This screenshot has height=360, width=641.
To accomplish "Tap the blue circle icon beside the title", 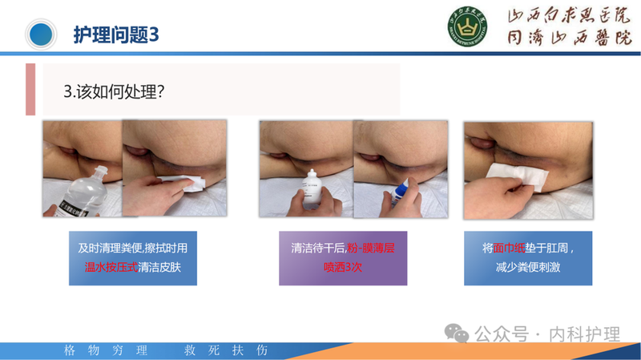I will (x=41, y=34).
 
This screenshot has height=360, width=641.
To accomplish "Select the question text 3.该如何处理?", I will (x=115, y=91).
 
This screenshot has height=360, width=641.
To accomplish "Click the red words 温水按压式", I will (x=111, y=267).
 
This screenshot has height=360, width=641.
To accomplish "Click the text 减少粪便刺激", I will (x=527, y=267).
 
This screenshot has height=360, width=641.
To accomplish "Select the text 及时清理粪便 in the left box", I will (x=107, y=249).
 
